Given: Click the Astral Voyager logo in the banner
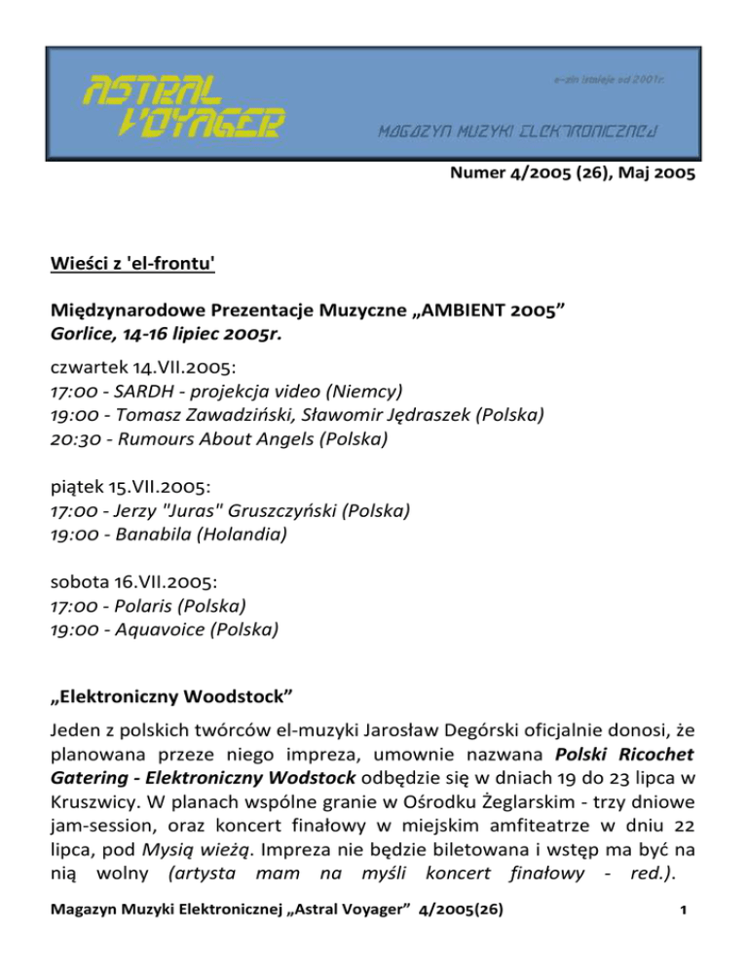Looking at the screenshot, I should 181,106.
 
